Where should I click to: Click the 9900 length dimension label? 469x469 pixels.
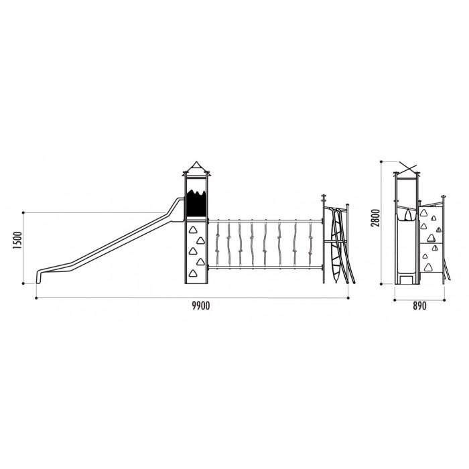201,306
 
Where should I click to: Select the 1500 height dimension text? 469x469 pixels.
17,241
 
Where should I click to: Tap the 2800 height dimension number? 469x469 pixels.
375,218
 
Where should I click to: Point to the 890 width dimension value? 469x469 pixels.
419,306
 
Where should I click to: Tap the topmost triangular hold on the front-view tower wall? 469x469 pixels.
192,230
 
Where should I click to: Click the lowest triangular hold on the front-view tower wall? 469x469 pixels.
193,273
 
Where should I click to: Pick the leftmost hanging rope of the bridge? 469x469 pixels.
218,243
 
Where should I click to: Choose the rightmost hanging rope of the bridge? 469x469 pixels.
310,243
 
